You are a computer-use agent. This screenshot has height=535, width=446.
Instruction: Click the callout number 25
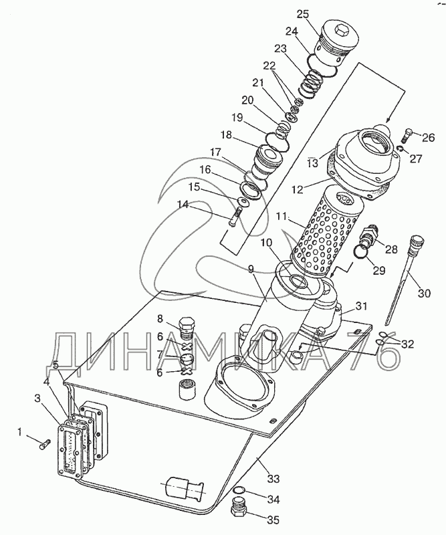302,14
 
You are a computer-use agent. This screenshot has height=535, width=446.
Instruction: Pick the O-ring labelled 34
239,490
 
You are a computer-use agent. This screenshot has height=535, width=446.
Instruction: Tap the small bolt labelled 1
45,444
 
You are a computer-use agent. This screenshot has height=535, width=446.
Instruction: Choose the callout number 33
273,478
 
